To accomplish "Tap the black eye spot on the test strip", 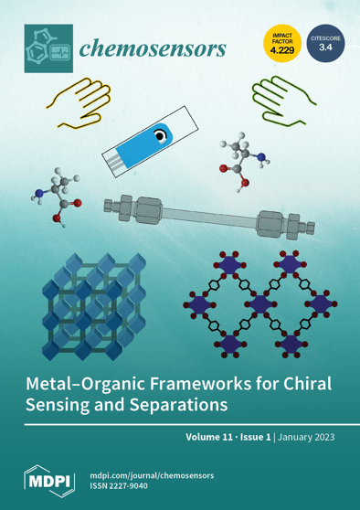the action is (x=161, y=137).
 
